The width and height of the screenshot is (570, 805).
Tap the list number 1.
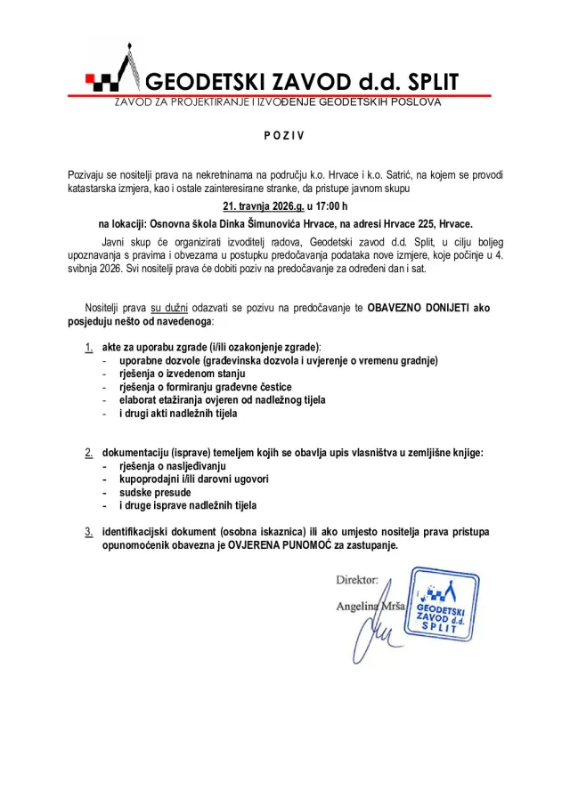pyautogui.click(x=88, y=346)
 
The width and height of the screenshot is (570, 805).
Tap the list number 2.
pyautogui.click(x=88, y=453)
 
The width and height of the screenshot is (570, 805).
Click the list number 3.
pyautogui.click(x=88, y=531)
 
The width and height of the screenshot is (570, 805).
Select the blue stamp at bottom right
pyautogui.click(x=440, y=610)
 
